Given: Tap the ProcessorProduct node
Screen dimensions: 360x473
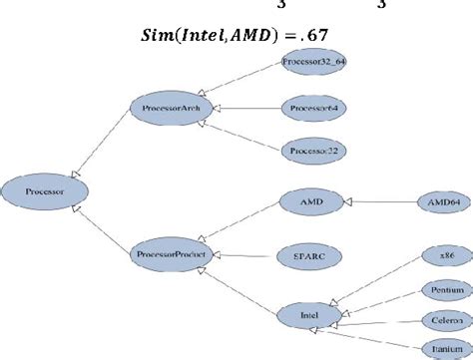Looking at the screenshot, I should (170, 255).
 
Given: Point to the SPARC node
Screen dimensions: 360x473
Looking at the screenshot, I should (311, 255).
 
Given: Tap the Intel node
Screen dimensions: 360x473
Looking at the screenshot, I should (312, 315).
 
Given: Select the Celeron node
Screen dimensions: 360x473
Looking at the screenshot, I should (439, 322).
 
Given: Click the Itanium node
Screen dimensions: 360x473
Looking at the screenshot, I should (439, 350).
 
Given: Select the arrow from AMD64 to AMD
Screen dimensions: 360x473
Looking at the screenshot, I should (379, 201).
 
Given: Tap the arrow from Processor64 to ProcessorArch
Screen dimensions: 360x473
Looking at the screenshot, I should (244, 107).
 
